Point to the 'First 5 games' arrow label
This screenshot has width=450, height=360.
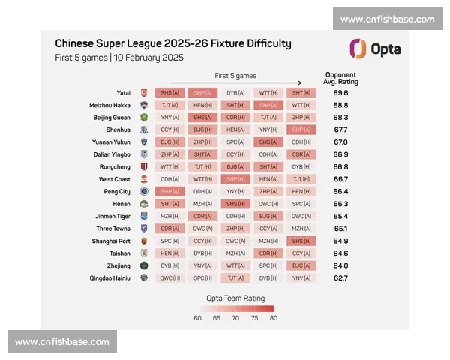tap(235, 76)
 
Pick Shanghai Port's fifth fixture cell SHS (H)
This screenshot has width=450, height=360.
tap(301, 241)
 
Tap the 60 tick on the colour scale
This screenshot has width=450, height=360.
tap(198, 317)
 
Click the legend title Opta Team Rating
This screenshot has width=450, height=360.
tap(235, 297)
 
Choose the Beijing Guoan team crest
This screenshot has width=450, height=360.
tap(143, 118)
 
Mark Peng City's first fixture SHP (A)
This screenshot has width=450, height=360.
tap(170, 191)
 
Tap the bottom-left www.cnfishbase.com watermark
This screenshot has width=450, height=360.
tap(62, 341)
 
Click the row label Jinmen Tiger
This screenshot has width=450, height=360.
tap(112, 216)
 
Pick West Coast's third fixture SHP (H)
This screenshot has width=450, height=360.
tap(235, 179)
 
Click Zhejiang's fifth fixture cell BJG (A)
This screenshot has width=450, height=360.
tap(301, 265)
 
